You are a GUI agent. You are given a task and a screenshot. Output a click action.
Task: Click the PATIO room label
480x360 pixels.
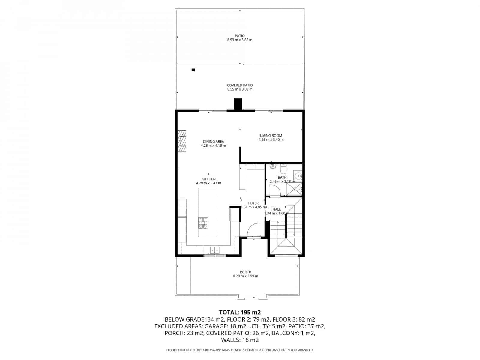(x=240, y=36)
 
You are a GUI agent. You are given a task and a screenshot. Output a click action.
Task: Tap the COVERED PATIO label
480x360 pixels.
(x=240, y=85)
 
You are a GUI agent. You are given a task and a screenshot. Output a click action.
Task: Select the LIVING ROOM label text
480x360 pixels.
(x=271, y=136)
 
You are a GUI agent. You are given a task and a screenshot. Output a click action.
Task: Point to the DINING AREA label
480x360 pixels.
(x=213, y=142)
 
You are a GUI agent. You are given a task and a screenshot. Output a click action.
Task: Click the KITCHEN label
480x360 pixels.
(x=208, y=179)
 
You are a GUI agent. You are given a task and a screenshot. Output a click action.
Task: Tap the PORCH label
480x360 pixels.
(x=245, y=272)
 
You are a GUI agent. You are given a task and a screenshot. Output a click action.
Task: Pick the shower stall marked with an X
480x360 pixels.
(x=294, y=189)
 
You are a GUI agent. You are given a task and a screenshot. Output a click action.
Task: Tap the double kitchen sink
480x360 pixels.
(x=214, y=250)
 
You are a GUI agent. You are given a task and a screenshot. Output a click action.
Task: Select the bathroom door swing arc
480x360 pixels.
(x=274, y=191)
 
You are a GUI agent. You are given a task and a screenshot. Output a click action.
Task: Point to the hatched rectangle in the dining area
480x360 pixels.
(x=181, y=142)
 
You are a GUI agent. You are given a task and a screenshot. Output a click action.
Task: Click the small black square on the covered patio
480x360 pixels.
(x=193, y=70)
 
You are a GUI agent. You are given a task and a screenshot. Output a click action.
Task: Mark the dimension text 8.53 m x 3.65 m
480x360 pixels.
(x=240, y=40)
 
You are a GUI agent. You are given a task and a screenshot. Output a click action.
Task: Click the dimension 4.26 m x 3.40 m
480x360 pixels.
(x=271, y=140)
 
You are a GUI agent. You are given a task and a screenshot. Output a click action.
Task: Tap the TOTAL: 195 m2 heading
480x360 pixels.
(x=240, y=312)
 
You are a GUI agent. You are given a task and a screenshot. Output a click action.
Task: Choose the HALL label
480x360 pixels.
(x=277, y=209)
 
